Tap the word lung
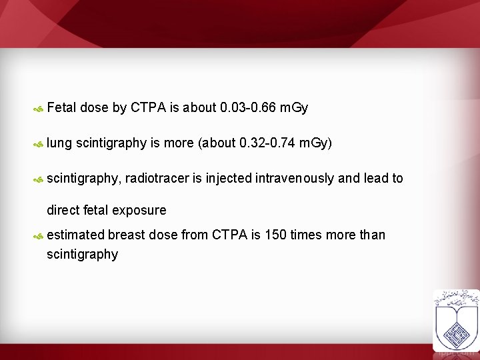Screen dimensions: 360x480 pyautogui.click(x=59, y=143)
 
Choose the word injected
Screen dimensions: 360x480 pyautogui.click(x=229, y=178)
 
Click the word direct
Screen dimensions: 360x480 pyautogui.click(x=63, y=210)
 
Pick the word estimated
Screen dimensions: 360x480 pyautogui.click(x=76, y=235)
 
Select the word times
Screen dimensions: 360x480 pyautogui.click(x=306, y=235)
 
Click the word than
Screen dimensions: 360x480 pyautogui.click(x=372, y=235)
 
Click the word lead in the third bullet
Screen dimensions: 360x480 pyautogui.click(x=375, y=178)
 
